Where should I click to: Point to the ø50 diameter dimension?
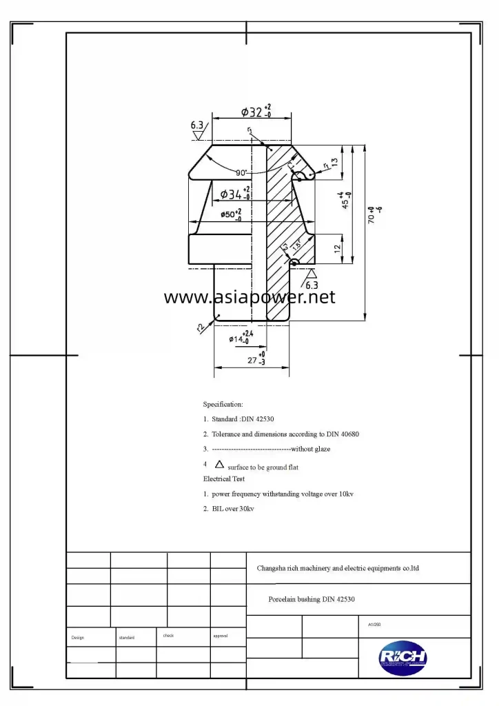coord(231,214)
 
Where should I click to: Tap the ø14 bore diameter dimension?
coord(241,338)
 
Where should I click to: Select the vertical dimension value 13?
coord(334,162)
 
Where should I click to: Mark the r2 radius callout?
coord(201,328)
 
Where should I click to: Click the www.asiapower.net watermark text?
coord(250,297)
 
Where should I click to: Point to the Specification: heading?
coord(223,404)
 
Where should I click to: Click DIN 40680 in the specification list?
coord(340,434)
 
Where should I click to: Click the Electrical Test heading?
coord(224,478)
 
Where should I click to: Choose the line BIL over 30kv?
coord(233,509)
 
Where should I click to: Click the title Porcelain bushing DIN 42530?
coord(312,600)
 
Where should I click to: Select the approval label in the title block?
coord(221,636)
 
